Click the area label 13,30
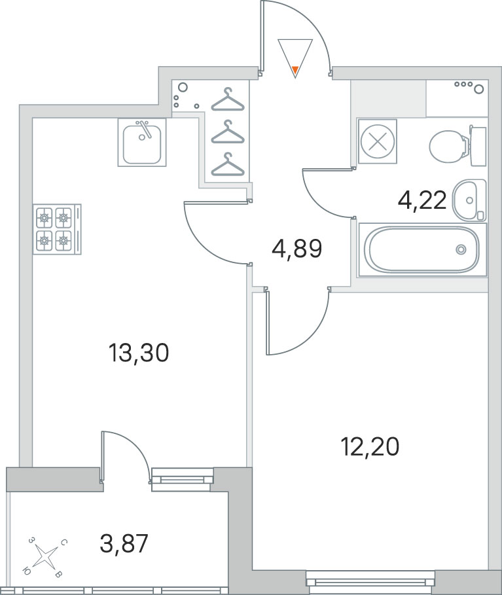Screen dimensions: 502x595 click(138, 353)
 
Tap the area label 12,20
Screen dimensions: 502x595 click(370, 446)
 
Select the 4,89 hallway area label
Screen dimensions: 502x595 click(297, 249)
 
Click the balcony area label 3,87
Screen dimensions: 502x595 click(124, 543)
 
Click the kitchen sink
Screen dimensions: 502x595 click(142, 142)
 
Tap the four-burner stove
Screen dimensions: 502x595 click(58, 229)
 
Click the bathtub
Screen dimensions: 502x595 click(422, 249)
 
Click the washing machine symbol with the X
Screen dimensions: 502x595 click(377, 141)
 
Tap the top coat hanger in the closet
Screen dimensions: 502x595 click(228, 99)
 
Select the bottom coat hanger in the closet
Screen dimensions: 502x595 click(228, 164)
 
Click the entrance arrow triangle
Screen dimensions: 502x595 click(295, 58)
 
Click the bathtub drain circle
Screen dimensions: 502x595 click(461, 249)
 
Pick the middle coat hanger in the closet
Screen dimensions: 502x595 click(228, 132)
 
